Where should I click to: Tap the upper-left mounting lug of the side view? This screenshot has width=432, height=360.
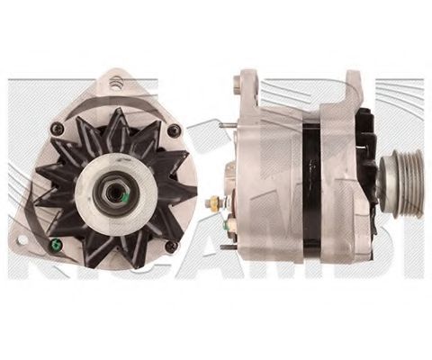(241, 86)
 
